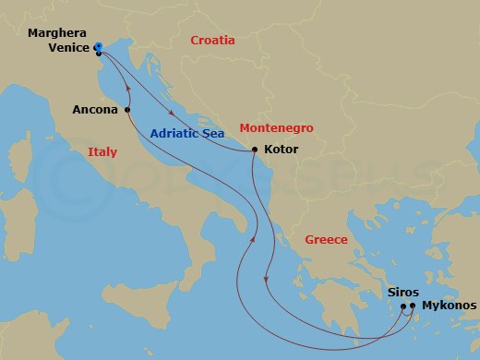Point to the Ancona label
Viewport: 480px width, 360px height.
(x=96, y=110)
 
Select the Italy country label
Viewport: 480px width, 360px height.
(x=102, y=151)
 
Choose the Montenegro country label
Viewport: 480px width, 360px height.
(x=276, y=128)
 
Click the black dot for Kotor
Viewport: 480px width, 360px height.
(x=255, y=150)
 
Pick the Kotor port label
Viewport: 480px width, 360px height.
(x=282, y=149)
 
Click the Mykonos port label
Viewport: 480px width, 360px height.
(x=448, y=305)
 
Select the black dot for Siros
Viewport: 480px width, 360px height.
(x=403, y=306)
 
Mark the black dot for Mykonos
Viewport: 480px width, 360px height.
(x=413, y=306)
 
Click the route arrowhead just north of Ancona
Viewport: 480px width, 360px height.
(x=125, y=90)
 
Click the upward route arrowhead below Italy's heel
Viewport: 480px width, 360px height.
(x=251, y=242)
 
